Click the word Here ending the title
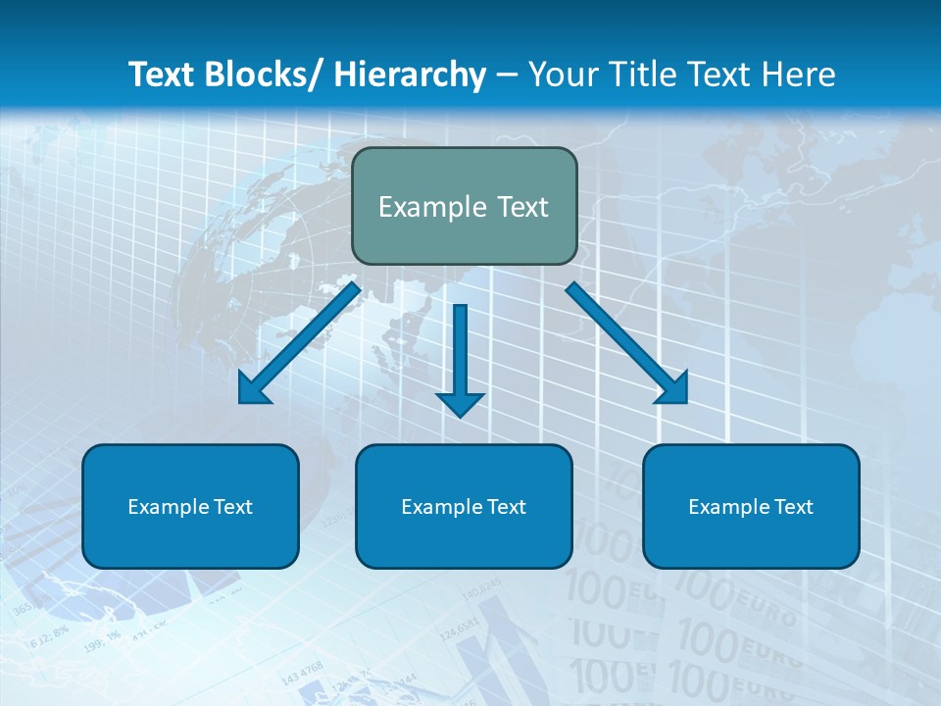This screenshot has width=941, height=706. coord(800,75)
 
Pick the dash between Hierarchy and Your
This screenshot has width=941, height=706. coord(507,76)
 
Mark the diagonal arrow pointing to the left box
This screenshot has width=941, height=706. coord(300,343)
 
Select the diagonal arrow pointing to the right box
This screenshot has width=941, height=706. coord(627,343)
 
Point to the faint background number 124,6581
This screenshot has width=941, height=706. coord(459,629)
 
